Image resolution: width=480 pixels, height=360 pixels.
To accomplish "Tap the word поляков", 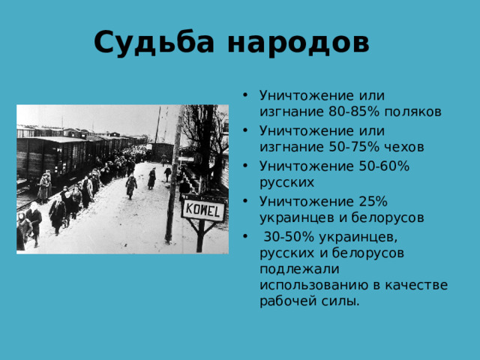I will point(414,112).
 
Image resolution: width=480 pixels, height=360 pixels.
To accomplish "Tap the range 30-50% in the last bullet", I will point(288,236).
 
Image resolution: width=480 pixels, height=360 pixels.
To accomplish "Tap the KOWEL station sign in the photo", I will point(202,209).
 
